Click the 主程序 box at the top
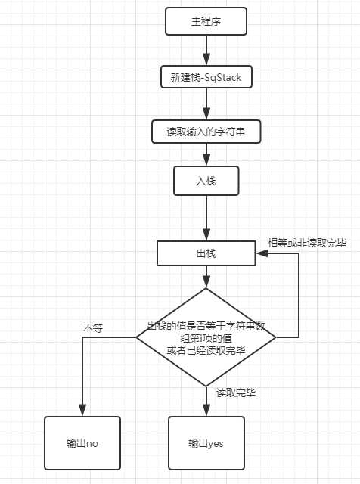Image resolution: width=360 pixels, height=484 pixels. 206,21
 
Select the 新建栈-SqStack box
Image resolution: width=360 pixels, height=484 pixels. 206,76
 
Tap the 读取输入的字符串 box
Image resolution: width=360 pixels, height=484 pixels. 206,131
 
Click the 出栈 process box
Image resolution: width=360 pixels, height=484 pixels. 206,253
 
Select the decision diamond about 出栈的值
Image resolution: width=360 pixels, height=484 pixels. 206,337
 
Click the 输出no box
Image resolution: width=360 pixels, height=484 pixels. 82,443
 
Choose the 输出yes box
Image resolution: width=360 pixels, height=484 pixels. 206,443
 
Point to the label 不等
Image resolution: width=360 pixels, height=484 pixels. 93,327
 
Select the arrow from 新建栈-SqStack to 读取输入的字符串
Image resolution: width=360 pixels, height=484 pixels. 206,104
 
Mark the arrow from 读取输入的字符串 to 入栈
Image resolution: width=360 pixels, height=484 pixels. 206,155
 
